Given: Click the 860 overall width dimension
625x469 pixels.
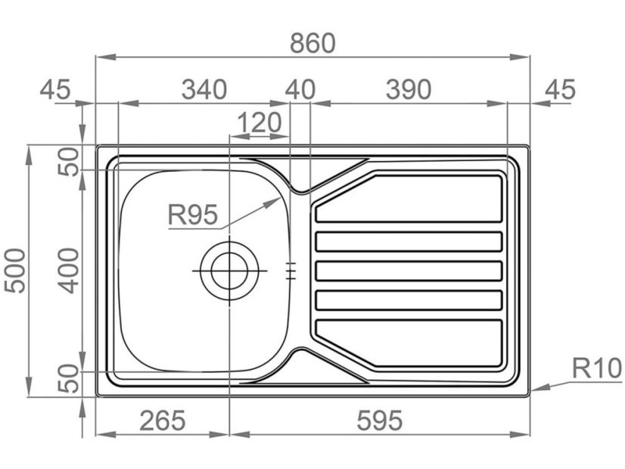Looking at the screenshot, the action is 312,43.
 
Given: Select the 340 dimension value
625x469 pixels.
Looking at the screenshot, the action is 204,89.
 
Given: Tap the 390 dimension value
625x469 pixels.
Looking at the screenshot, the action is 409,89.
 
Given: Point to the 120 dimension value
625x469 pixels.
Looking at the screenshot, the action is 260,123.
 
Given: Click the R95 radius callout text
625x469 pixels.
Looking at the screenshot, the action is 193,214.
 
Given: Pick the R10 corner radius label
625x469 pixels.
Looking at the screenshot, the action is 597,368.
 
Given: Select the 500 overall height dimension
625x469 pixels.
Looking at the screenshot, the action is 14,271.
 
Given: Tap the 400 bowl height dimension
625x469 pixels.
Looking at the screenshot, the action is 69,271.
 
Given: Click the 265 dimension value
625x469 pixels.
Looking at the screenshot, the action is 163,421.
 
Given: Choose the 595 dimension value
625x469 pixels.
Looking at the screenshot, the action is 380,421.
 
